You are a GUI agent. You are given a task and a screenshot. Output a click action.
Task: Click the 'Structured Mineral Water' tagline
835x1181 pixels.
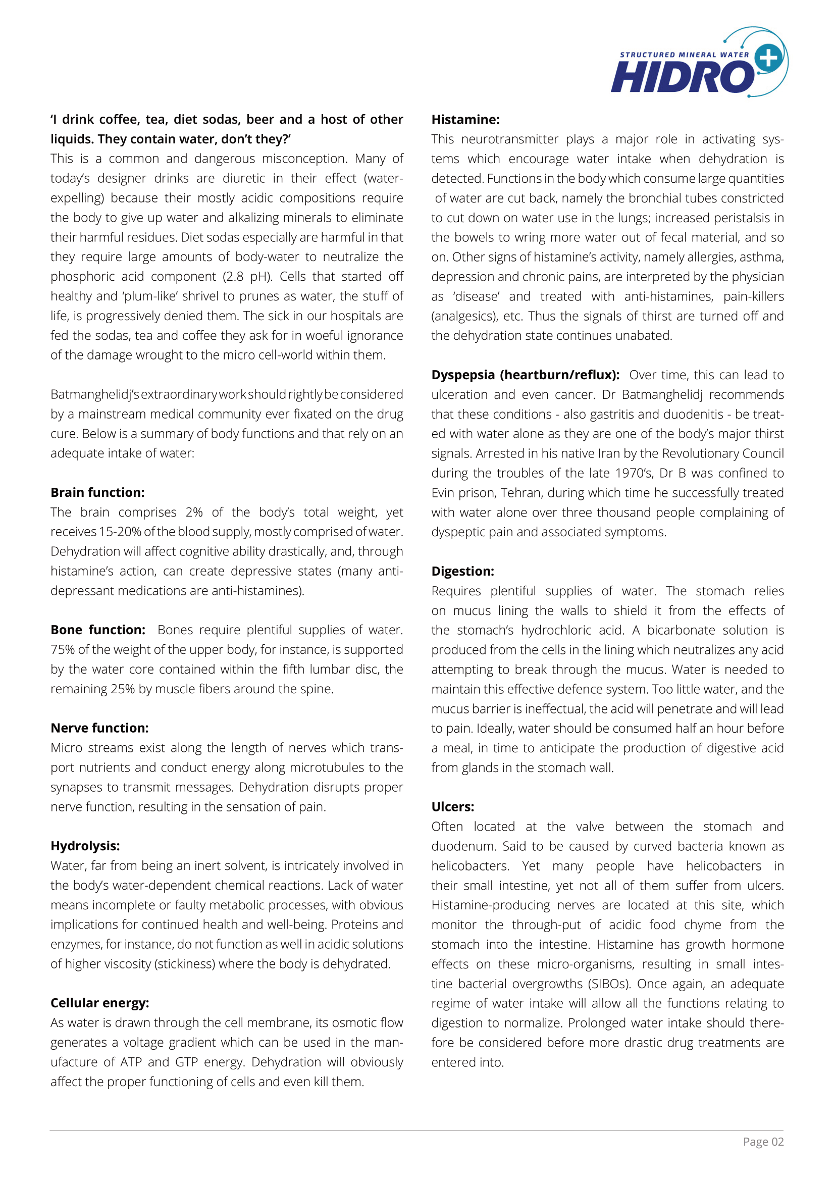(684, 55)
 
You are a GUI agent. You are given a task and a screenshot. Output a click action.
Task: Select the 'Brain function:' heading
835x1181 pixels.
(97, 492)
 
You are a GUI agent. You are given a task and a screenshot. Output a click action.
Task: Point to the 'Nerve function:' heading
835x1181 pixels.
(99, 728)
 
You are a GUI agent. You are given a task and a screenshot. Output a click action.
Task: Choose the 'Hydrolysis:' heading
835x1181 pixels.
(85, 846)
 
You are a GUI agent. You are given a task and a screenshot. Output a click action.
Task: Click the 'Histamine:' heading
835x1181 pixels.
(465, 119)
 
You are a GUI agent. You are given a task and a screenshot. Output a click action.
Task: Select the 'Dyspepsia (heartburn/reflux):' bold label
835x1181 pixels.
(525, 375)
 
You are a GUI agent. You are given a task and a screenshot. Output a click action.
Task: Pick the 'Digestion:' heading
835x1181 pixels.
(462, 571)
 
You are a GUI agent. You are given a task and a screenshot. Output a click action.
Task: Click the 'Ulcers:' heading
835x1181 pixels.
(452, 806)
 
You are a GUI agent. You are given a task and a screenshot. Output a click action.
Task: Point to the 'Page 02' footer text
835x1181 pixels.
(763, 1142)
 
